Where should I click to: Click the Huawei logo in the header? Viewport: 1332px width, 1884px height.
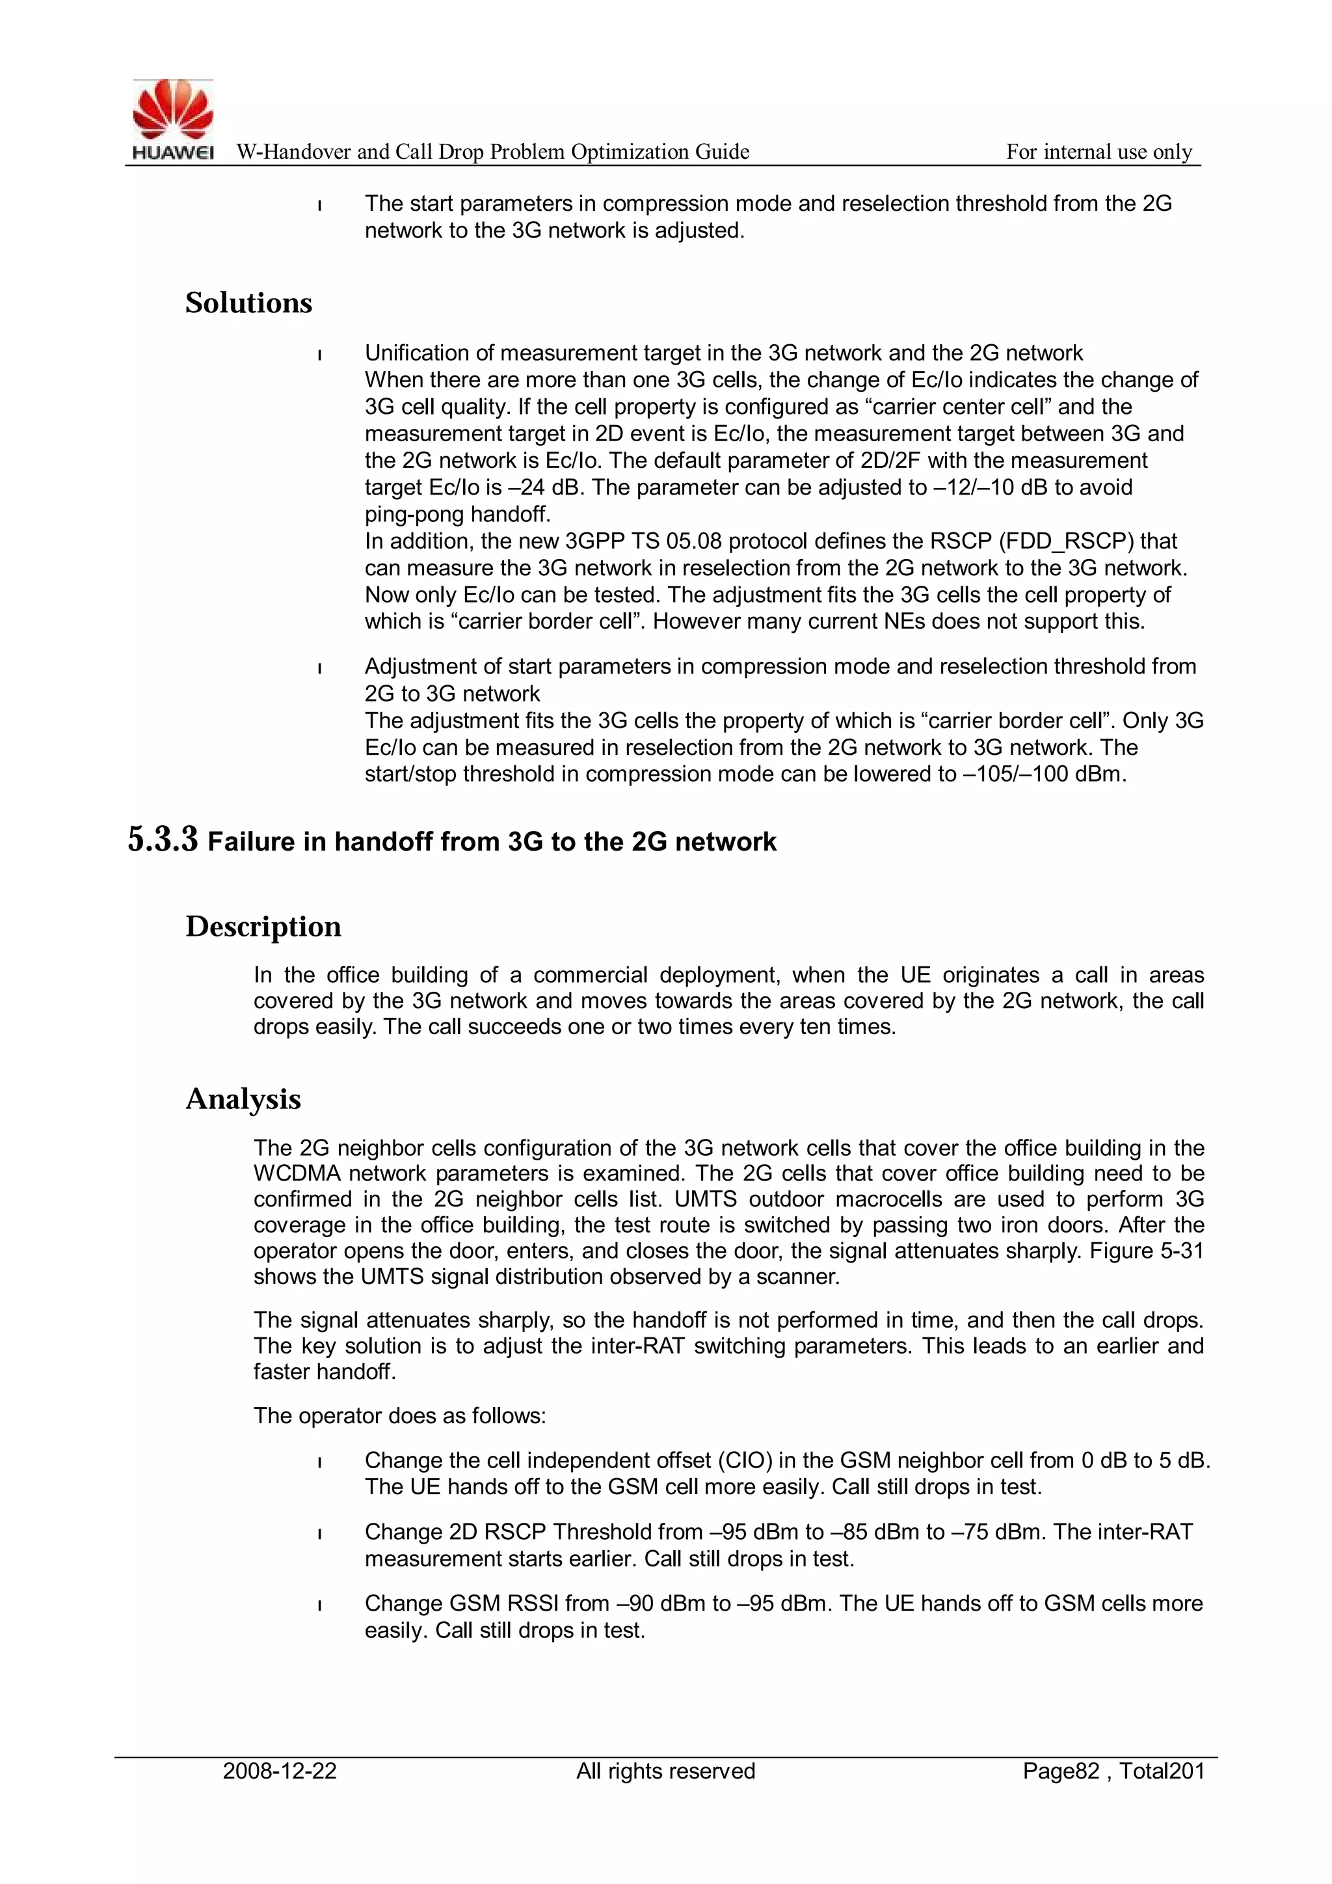pyautogui.click(x=173, y=119)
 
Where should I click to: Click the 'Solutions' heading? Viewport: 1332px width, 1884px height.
pyautogui.click(x=248, y=303)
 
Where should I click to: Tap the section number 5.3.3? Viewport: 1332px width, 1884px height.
pyautogui.click(x=163, y=840)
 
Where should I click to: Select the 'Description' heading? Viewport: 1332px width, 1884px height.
pyautogui.click(x=263, y=927)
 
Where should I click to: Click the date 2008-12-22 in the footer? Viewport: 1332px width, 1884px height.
pyautogui.click(x=280, y=1771)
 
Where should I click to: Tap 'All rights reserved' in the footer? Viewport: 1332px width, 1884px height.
pyautogui.click(x=665, y=1771)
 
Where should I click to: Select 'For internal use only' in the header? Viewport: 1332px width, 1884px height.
pyautogui.click(x=1099, y=152)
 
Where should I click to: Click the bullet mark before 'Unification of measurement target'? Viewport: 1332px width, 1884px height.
pyautogui.click(x=319, y=355)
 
